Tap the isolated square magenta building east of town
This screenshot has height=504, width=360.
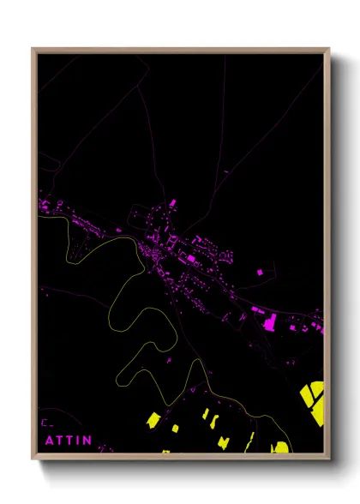[260, 272]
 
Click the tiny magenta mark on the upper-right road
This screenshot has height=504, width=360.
[226, 172]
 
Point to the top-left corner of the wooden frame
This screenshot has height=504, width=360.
[33, 50]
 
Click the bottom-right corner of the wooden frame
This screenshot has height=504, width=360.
[328, 458]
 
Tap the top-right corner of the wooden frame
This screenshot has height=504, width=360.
[328, 50]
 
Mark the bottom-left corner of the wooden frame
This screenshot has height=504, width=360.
[33, 458]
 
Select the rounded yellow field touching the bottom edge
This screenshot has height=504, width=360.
[279, 447]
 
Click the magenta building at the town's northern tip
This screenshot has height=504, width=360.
[172, 202]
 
